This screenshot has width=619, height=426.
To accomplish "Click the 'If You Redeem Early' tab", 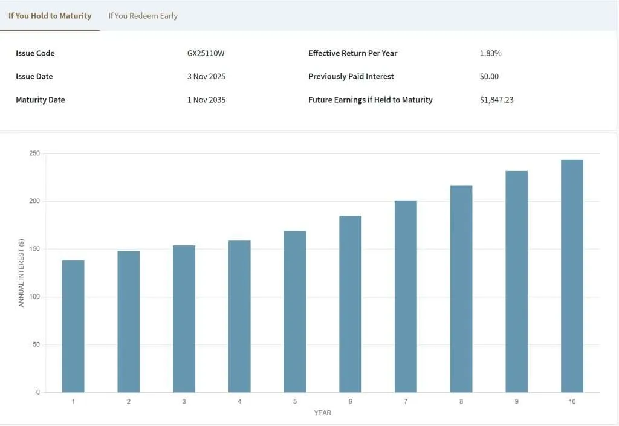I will coord(143,16).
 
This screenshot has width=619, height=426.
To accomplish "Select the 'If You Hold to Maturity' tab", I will coord(50,16).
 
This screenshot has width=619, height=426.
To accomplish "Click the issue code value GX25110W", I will coord(206,53).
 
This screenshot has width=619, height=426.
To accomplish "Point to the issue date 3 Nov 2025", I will coord(206,77).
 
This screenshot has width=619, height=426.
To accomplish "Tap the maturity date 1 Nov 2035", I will coord(206,100).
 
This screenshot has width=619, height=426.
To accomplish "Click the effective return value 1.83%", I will coord(490,53).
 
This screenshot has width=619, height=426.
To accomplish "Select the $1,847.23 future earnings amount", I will coord(496,100).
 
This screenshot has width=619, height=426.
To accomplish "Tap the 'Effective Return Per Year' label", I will coord(352,53).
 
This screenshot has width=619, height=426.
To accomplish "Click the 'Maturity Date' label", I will coord(40,100).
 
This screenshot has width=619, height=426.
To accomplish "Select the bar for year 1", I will coord(73,326).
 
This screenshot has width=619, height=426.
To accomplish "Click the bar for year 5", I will coord(295,311).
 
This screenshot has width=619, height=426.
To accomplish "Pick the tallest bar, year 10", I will coord(572,276).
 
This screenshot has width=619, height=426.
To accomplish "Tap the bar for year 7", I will coord(406,296).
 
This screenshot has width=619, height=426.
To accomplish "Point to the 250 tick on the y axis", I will coord(34,153).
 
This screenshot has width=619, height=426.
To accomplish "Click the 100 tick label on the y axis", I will coord(34,297).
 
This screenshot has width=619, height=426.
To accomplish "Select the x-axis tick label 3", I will coord(184,402).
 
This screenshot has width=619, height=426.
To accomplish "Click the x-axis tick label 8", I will coord(461,402).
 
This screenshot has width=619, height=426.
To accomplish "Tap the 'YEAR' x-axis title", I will coord(322,413).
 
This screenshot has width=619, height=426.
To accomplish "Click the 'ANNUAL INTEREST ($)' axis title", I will coord(21,273).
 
